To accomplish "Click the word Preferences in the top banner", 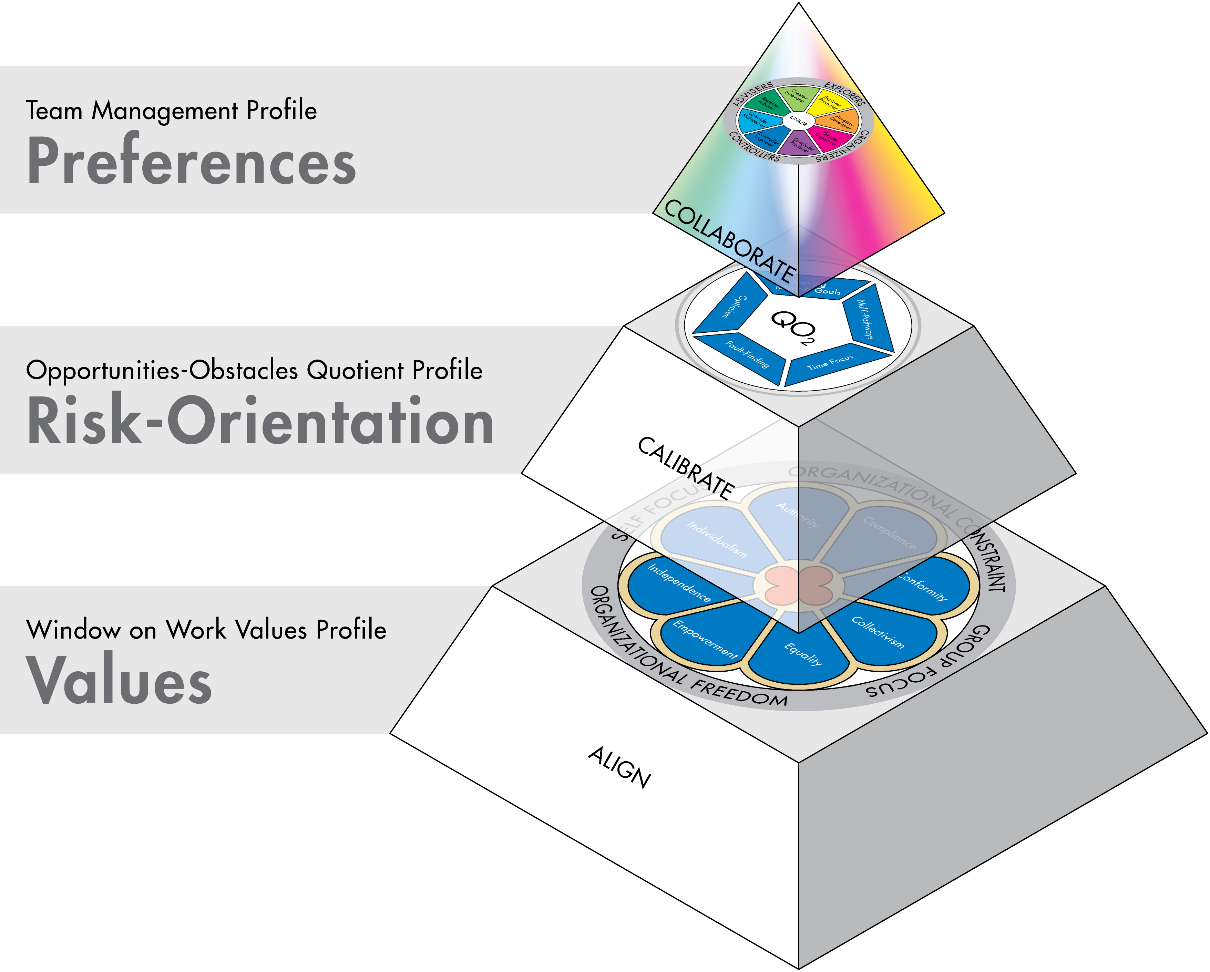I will click(191, 162).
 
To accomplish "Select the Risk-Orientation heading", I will click(260, 421).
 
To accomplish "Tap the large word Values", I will click(119, 680).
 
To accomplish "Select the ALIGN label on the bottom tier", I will click(619, 768).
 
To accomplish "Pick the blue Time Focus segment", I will click(831, 364).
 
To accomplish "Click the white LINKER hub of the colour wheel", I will click(798, 121).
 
